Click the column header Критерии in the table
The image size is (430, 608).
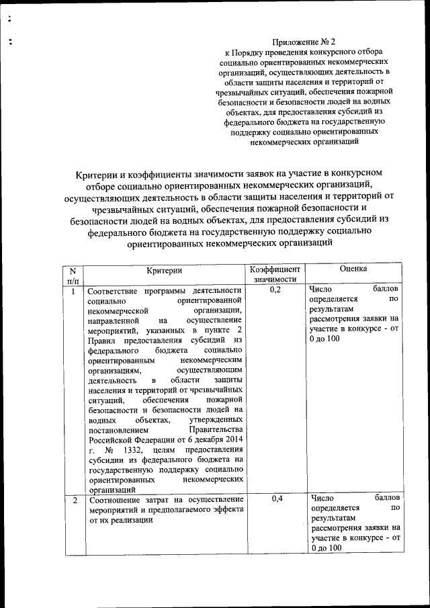point(165,269)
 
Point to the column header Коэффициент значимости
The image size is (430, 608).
point(271,274)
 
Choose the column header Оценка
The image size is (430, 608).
point(353,269)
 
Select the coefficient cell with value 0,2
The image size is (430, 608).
point(271,290)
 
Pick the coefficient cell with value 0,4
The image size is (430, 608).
point(271,499)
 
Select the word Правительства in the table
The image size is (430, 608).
point(216,429)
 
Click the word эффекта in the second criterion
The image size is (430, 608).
point(226,510)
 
